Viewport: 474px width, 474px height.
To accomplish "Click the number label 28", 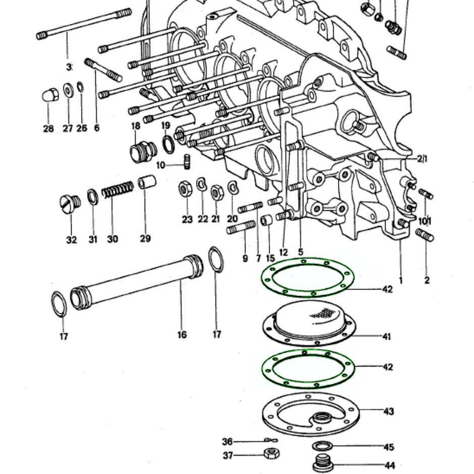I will (x=48, y=129).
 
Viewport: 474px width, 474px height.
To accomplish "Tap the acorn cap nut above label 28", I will (x=49, y=95).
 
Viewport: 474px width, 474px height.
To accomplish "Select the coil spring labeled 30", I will (x=117, y=190).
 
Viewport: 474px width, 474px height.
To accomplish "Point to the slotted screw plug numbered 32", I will (x=69, y=203).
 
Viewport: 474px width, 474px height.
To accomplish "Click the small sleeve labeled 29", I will (x=147, y=182).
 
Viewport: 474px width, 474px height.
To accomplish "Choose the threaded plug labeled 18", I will (x=143, y=151).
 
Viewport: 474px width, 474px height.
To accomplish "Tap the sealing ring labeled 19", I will (x=169, y=144).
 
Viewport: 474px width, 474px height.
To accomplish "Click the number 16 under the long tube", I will (x=182, y=334).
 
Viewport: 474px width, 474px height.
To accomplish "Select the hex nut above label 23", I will (x=185, y=190).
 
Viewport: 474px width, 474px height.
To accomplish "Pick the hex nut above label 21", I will (x=217, y=192).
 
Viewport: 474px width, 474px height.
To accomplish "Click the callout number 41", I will (x=386, y=336).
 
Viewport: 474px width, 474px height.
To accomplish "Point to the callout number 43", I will (x=388, y=411).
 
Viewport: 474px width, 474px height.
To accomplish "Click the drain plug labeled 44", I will (x=321, y=464).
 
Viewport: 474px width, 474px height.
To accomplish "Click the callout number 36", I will (x=227, y=442).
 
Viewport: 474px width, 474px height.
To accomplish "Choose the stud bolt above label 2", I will (x=425, y=235).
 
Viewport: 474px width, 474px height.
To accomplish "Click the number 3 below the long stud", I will (x=69, y=67).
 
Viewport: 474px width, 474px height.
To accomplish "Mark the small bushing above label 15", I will (x=267, y=221).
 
